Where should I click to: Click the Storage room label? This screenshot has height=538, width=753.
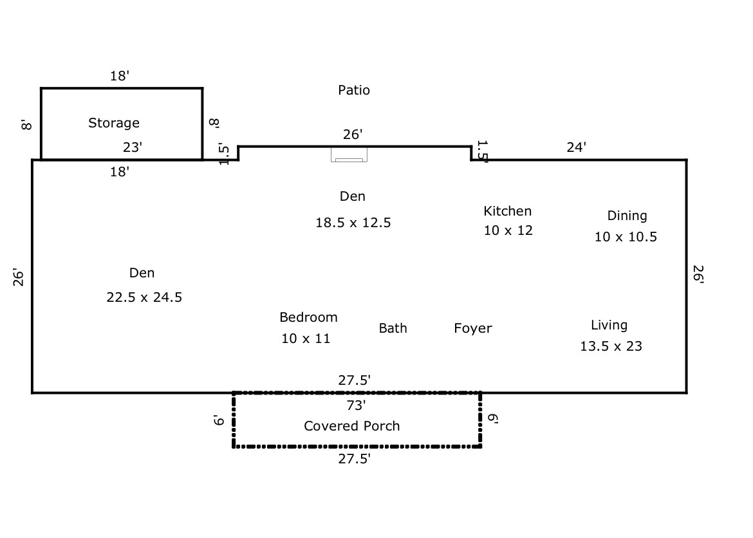114,122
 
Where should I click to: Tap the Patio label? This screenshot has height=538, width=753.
354,90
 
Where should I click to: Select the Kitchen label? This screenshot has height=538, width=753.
508,210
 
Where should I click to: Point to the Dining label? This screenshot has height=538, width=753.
627,216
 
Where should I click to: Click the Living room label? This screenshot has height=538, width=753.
609,325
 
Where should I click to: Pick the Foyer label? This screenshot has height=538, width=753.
473,328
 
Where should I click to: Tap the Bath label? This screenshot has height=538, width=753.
393,328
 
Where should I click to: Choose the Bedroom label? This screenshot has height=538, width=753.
308,317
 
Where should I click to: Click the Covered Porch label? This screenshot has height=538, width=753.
352,426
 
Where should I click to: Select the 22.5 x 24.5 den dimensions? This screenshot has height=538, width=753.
144,297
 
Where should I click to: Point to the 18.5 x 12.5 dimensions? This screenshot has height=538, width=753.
353,223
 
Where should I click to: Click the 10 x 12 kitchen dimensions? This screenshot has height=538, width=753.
508,230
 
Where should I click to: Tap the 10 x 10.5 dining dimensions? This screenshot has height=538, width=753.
626,237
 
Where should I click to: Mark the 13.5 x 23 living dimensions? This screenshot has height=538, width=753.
611,346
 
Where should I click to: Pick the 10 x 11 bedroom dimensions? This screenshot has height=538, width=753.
306,339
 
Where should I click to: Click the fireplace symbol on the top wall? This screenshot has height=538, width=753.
349,154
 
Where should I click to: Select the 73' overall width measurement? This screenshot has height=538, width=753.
356,405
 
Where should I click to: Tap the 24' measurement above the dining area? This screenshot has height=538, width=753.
576,147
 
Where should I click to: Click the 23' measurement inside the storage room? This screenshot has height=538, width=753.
133,147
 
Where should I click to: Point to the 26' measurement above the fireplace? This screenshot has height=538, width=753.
353,134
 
